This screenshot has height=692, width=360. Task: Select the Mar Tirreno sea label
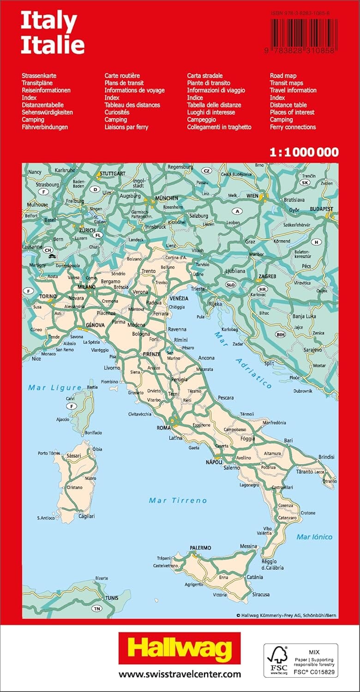click(178, 501)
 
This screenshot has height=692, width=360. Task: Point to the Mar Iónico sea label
click(314, 537)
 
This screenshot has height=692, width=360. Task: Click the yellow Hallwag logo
click(180, 648)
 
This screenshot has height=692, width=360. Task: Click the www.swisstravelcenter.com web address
click(180, 674)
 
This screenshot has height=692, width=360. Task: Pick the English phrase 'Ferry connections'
click(293, 127)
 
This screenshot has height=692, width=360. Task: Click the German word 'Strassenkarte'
click(39, 76)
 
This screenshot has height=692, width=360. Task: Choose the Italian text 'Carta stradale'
click(205, 76)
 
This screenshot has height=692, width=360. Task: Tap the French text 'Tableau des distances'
click(132, 105)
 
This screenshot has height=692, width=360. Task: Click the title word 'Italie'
click(53, 45)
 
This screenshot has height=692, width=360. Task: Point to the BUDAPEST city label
click(321, 209)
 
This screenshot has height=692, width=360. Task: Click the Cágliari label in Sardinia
click(74, 516)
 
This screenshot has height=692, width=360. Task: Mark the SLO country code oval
click(231, 285)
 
